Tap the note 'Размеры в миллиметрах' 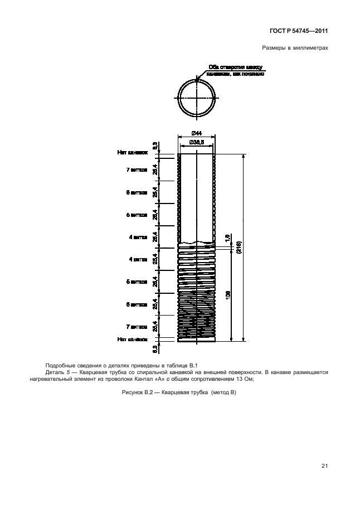pos(294,49)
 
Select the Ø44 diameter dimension pos(196,132)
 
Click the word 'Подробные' pos(62,363)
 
